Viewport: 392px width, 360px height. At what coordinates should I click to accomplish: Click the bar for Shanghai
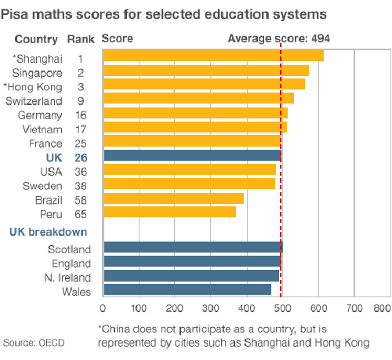coord(214,56)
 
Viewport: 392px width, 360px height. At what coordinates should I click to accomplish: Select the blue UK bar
coord(193,155)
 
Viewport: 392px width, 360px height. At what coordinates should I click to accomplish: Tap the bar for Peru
coord(170,212)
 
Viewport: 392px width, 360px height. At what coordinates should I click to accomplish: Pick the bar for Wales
coord(187,289)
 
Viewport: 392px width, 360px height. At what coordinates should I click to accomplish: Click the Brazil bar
coord(174,198)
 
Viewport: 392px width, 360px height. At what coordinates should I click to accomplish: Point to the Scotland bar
coord(194,247)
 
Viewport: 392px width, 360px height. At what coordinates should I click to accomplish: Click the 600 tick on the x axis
coord(318,308)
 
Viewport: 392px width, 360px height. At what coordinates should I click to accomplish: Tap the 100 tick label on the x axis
coord(139,308)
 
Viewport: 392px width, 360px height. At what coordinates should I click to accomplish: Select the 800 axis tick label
coord(382,308)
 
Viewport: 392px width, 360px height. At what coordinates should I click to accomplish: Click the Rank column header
coord(81,39)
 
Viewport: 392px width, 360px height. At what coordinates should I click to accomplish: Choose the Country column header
coord(36,39)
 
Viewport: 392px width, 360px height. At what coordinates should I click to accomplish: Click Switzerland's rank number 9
coord(81,101)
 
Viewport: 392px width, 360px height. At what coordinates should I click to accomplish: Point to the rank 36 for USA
coord(81,172)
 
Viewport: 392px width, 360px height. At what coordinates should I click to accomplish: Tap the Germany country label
coord(40,115)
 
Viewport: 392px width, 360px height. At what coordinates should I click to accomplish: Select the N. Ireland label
coord(67,278)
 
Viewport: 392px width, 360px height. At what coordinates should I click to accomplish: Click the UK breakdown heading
coord(49,232)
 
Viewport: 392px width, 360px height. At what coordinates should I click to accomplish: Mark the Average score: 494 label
coord(279,38)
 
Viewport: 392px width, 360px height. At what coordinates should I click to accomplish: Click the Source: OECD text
coord(34,343)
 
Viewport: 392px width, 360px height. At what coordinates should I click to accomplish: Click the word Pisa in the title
coord(14,14)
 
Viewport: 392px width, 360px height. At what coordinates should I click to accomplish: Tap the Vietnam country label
coord(42,129)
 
